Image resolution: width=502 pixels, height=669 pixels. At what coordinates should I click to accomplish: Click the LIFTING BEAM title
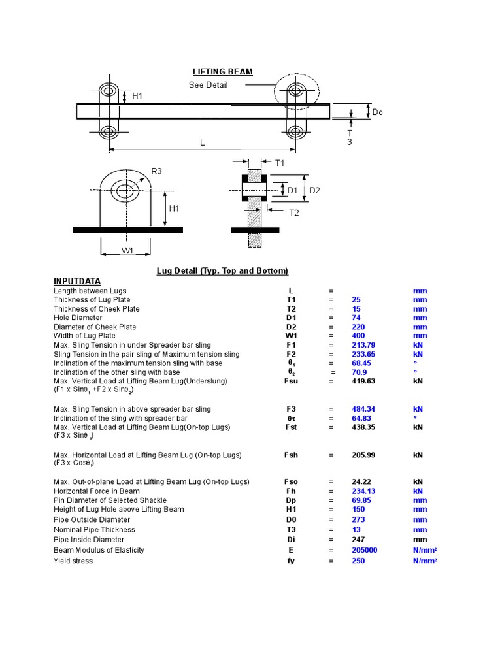click(x=222, y=72)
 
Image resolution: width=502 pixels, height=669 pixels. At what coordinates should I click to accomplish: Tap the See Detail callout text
click(x=208, y=85)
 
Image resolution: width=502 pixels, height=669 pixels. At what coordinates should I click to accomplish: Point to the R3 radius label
click(x=156, y=171)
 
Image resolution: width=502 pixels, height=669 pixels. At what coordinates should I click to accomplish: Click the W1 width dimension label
click(x=127, y=250)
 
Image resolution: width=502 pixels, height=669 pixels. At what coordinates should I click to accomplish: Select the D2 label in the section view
click(x=314, y=190)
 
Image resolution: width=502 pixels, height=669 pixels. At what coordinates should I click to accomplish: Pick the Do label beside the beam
click(x=377, y=112)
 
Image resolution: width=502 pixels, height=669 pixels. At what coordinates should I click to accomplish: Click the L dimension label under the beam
click(x=202, y=142)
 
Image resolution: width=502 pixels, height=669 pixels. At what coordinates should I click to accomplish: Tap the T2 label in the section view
click(x=293, y=213)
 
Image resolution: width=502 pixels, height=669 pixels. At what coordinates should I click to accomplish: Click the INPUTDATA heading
click(x=77, y=281)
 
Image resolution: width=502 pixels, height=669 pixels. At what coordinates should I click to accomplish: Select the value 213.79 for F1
click(x=363, y=345)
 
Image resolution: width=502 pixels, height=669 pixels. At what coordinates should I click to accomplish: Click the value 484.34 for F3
click(x=363, y=409)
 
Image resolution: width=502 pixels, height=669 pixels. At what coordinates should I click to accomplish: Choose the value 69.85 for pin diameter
click(x=361, y=500)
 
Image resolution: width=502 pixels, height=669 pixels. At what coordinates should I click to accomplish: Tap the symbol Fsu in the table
click(x=291, y=381)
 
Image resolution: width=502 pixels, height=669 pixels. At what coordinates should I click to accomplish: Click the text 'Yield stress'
click(x=73, y=561)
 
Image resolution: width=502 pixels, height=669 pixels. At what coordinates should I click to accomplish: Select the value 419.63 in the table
click(x=363, y=381)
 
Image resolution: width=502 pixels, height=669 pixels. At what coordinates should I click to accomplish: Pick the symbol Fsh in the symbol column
click(x=291, y=455)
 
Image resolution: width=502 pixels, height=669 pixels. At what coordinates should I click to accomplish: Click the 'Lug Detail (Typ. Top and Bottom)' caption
click(x=222, y=270)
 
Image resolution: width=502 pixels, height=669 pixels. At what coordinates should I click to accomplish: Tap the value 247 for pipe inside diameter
click(x=358, y=540)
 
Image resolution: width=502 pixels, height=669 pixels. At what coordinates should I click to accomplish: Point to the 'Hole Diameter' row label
click(x=78, y=318)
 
